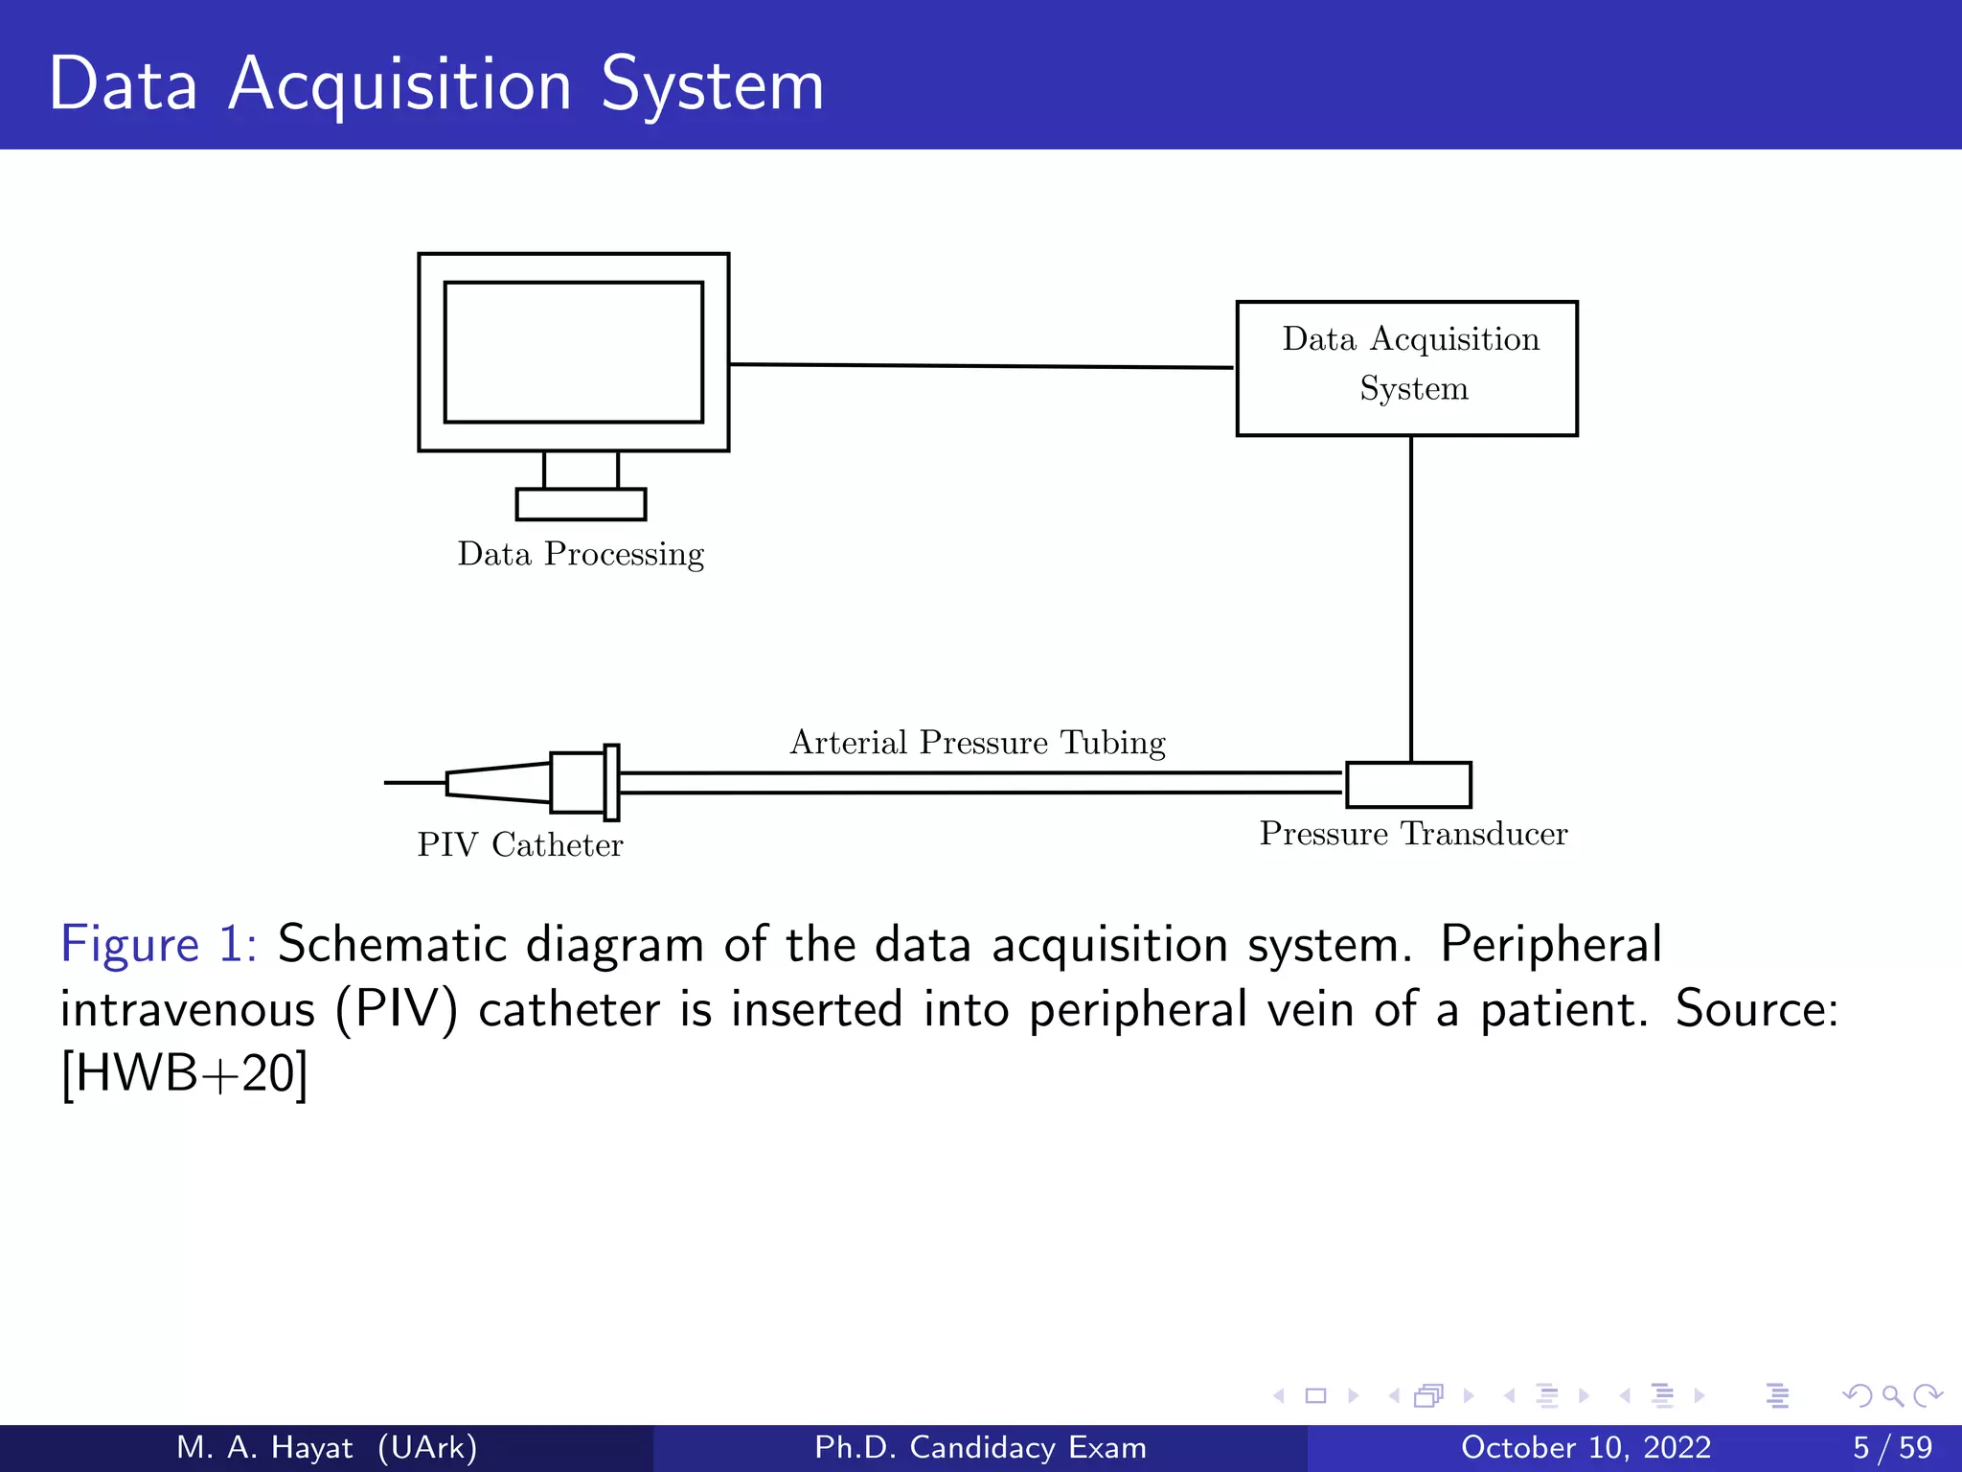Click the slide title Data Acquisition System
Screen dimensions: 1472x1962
point(436,84)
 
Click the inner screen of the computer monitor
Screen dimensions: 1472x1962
point(573,352)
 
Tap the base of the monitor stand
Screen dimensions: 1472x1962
point(581,504)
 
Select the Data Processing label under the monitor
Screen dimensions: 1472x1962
point(581,555)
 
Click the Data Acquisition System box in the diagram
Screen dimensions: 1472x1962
point(1406,368)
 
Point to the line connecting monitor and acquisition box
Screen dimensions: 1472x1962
point(981,365)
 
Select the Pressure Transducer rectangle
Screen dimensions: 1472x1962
point(1408,785)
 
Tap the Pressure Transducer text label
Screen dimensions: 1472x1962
point(1413,834)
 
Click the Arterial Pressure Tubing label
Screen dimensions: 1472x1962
point(977,743)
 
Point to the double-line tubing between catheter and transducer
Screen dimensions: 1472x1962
point(977,782)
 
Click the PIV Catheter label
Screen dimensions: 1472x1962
point(520,845)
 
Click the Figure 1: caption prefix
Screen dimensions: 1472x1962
point(158,945)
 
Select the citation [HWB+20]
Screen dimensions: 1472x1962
point(184,1073)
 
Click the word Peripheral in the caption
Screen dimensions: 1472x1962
point(1550,945)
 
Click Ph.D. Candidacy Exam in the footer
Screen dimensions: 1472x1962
point(980,1447)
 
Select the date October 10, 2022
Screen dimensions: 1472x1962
point(1586,1447)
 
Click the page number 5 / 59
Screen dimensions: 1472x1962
point(1892,1447)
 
